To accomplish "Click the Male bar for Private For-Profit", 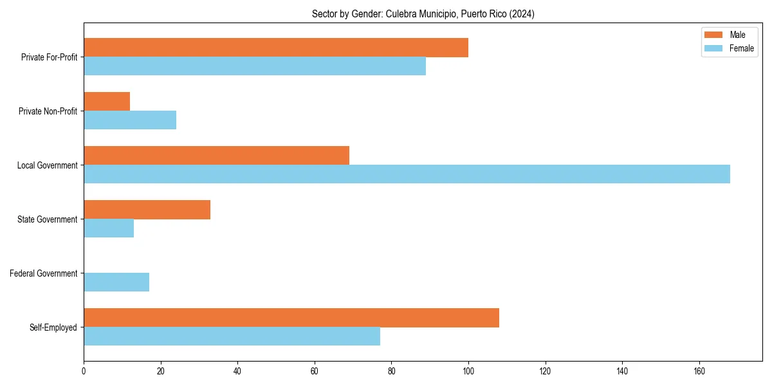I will point(275,48).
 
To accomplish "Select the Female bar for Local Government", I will point(407,174).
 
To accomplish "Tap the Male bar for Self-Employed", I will point(291,318).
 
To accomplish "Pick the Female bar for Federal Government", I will point(116,282).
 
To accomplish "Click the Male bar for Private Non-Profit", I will point(107,102).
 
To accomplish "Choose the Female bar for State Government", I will point(109,228).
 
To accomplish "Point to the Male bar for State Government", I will point(147,210).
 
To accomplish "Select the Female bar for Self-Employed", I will point(232,336).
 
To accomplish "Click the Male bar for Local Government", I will point(216,156).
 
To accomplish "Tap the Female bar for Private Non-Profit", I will point(130,120).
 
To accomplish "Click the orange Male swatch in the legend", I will point(713,35).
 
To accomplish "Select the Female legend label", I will point(741,48).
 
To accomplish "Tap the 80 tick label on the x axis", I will point(391,371).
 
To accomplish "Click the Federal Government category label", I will point(43,273).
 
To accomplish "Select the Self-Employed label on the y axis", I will point(53,327).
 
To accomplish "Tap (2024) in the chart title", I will point(521,14).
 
